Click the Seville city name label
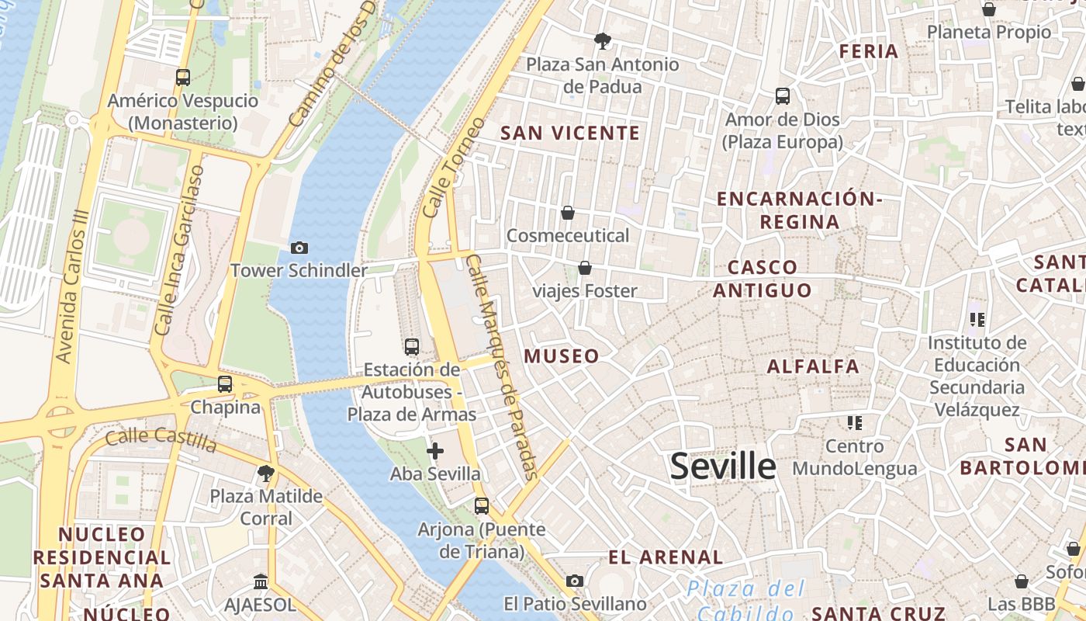[x=722, y=467]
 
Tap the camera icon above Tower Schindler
[x=299, y=248]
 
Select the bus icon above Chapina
[x=225, y=384]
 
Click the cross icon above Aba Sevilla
[x=435, y=451]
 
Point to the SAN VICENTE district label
[x=570, y=133]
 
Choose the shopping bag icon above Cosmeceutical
[x=568, y=213]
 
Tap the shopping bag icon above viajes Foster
[x=585, y=269]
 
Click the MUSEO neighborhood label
[x=562, y=356]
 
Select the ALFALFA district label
[x=813, y=366]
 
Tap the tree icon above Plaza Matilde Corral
[x=266, y=473]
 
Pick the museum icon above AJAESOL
[x=261, y=581]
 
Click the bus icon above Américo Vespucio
[x=183, y=78]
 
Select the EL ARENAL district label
[x=666, y=557]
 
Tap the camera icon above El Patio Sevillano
[x=575, y=581]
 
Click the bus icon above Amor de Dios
[x=783, y=96]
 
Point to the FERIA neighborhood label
[x=869, y=51]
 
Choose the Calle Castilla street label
[x=161, y=439]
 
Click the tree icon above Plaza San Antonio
[x=602, y=41]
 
